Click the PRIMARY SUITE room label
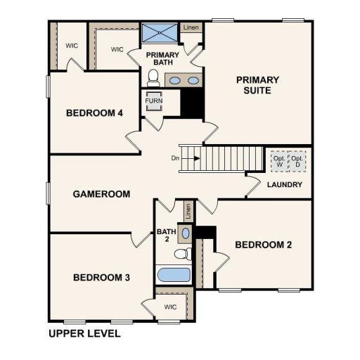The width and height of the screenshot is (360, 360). click(257, 85)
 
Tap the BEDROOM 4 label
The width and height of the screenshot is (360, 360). click(95, 113)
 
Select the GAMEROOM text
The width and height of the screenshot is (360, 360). click(101, 194)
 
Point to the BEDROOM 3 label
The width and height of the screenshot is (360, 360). click(101, 278)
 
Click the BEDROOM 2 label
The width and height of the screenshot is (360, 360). click(263, 245)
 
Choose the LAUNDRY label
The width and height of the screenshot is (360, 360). click(285, 185)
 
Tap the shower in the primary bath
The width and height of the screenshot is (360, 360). click(159, 33)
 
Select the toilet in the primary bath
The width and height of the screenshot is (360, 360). click(154, 75)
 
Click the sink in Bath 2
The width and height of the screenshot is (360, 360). click(185, 232)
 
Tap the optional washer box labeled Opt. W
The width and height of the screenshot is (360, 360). click(279, 160)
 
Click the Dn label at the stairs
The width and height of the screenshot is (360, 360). click(175, 158)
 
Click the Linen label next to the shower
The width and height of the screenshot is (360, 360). click(191, 28)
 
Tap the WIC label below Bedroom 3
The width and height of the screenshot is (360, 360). click(170, 307)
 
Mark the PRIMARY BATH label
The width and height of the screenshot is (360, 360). click(162, 59)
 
